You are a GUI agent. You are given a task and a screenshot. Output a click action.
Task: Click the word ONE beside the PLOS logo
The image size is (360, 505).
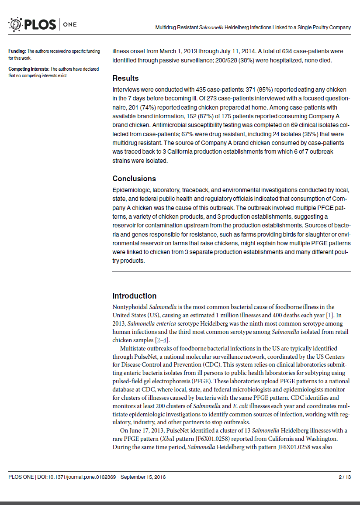coord(70,24)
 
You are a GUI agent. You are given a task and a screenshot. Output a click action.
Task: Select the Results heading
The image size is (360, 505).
coord(125,78)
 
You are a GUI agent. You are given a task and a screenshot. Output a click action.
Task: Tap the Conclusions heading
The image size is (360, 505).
coord(134,179)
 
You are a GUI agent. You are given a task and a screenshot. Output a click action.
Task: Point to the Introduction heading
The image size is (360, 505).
coord(134,295)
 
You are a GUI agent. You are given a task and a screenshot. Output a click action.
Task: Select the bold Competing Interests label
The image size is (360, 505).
coord(28,69)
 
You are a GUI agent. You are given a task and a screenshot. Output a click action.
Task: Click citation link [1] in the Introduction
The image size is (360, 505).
coord(330,315)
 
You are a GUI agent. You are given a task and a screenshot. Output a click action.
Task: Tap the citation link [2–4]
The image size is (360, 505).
coord(162,340)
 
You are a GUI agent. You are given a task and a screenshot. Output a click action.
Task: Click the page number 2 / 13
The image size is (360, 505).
coord(345,477)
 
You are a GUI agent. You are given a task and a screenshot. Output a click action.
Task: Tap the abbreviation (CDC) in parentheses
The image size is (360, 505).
coord(212,364)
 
